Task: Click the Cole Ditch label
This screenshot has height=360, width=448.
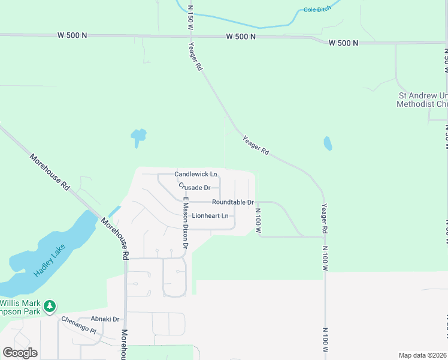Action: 317,10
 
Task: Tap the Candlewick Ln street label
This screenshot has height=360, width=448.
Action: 195,174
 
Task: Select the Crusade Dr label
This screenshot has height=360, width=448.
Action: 194,187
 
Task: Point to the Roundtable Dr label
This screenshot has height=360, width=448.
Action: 232,202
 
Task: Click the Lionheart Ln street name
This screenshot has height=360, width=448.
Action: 210,215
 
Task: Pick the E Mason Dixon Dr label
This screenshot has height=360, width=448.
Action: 186,223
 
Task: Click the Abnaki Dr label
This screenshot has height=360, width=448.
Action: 105,319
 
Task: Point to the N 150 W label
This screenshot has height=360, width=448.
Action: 190,18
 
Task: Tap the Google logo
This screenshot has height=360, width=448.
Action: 20,353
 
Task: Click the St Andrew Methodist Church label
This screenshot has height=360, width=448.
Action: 422,100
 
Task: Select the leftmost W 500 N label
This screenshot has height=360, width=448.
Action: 73,35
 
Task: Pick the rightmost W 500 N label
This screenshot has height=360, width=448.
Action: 343,43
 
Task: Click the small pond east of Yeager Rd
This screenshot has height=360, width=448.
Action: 328,143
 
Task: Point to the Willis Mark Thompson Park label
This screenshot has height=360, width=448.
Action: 24,307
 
